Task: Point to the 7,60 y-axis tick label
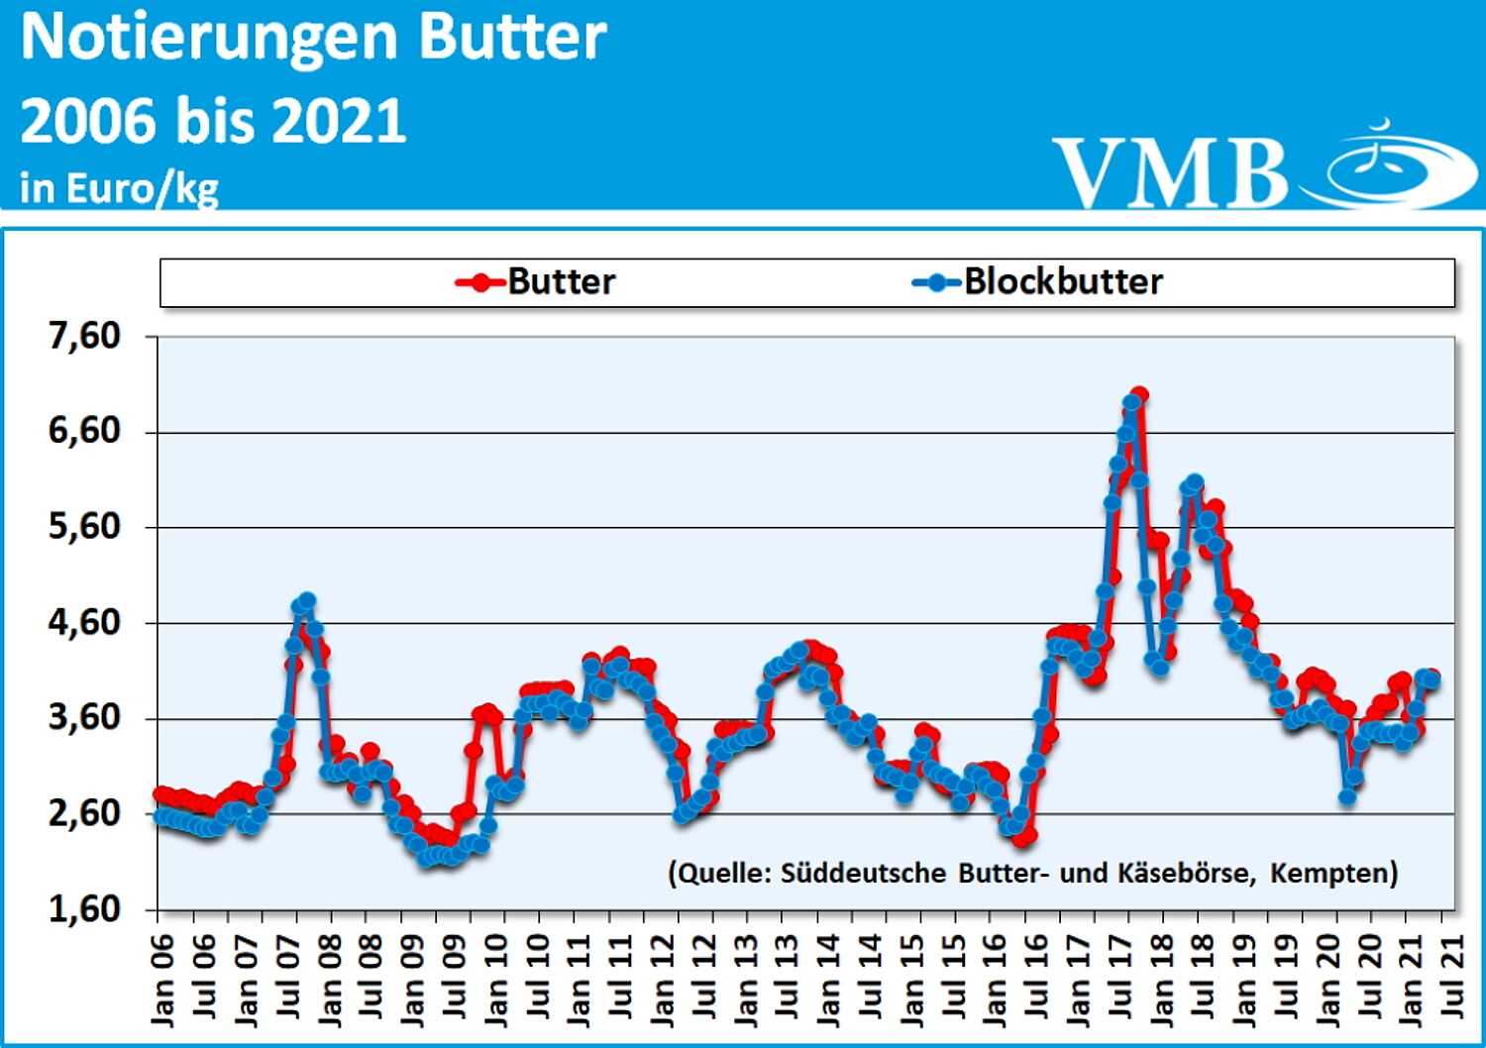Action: (x=84, y=337)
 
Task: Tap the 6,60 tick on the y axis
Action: (x=84, y=431)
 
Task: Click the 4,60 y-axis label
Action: (x=84, y=623)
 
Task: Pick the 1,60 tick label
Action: (x=84, y=908)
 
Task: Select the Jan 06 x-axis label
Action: (x=162, y=978)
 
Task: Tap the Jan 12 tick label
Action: (x=662, y=978)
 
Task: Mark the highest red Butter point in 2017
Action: (x=1139, y=395)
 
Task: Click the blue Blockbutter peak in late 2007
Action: (x=307, y=600)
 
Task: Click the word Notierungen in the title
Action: (x=208, y=38)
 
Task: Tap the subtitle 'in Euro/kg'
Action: (x=119, y=187)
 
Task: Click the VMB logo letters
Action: (x=1169, y=173)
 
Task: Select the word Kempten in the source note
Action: (x=1332, y=873)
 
